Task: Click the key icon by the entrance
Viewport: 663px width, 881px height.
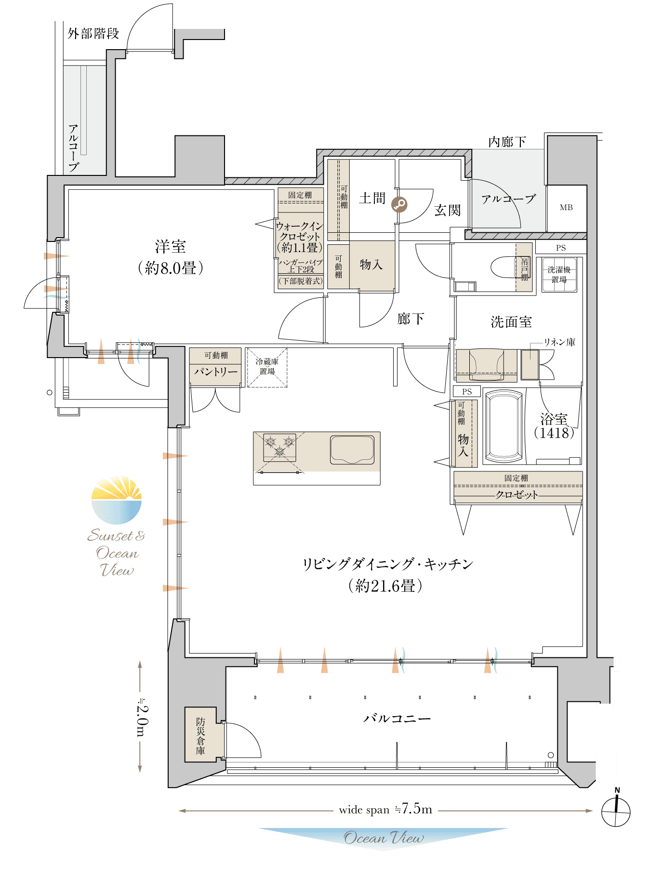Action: (x=399, y=205)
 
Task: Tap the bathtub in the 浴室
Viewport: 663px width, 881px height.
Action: (x=504, y=427)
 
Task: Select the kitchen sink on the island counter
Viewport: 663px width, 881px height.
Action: (x=352, y=450)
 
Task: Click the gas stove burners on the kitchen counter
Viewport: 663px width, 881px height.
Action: (x=279, y=448)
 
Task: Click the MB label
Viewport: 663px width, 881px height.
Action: (x=566, y=207)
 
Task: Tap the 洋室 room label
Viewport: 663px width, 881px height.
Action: (x=170, y=247)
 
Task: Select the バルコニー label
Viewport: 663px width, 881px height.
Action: (x=397, y=719)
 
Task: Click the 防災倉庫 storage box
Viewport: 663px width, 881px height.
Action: (x=200, y=734)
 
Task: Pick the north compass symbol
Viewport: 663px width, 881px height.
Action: (x=616, y=811)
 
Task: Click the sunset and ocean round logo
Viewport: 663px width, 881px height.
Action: (x=117, y=500)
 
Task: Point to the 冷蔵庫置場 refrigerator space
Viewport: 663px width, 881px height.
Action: (x=267, y=367)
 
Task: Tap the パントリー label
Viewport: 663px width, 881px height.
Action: (x=215, y=372)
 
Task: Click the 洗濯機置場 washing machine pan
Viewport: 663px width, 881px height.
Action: (x=559, y=275)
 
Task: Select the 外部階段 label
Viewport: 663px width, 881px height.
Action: (x=93, y=34)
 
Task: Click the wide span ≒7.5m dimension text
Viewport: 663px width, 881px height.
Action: (x=385, y=809)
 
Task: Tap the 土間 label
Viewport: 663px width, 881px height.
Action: (x=372, y=198)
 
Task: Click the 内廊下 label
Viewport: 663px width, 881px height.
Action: (x=507, y=142)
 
